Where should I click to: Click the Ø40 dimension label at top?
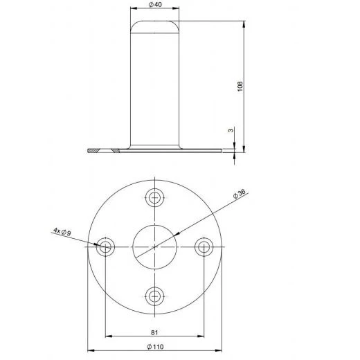point(155,6)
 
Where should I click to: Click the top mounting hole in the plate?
point(155,197)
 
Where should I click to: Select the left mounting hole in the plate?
point(105,247)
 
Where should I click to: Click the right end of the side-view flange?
point(219,150)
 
